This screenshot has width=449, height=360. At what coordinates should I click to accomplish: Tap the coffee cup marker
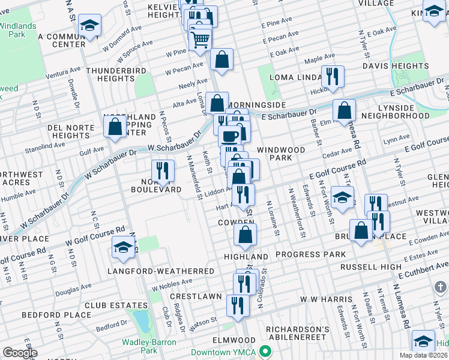point(229,136)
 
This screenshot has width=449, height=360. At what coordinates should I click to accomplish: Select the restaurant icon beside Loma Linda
point(332,76)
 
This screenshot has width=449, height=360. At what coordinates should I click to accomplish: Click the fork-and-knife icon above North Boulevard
point(162,170)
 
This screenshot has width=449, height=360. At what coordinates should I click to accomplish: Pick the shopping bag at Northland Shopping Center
point(115,127)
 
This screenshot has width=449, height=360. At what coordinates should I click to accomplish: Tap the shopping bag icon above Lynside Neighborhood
point(345,110)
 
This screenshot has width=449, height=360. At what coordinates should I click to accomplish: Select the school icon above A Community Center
point(89,25)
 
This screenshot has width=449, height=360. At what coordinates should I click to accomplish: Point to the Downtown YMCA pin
point(265,352)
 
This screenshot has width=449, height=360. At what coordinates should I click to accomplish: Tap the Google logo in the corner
point(20,353)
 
